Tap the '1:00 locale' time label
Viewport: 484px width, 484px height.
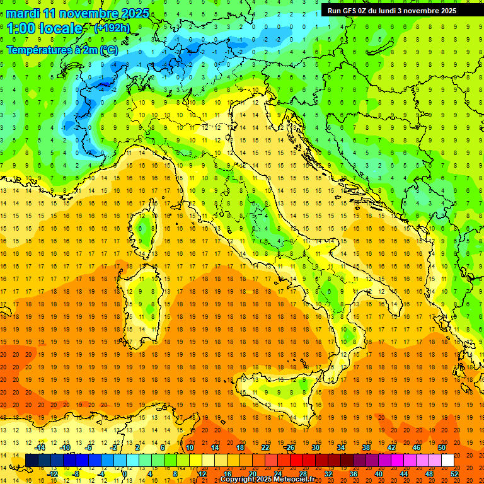click(x=45, y=28)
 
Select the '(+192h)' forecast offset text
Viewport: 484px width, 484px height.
click(x=112, y=28)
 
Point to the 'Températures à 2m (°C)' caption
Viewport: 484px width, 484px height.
click(x=62, y=50)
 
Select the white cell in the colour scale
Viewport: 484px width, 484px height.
click(x=448, y=461)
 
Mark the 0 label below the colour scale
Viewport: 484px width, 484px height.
click(x=125, y=473)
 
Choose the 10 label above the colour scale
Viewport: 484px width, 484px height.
click(x=189, y=447)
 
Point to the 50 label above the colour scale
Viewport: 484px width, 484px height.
click(x=442, y=447)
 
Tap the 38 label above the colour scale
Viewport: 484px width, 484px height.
click(x=366, y=447)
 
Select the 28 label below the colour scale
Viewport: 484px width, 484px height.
click(x=302, y=473)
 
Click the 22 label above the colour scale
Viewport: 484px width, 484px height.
click(x=265, y=447)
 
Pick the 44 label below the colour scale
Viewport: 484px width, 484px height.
click(x=404, y=473)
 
